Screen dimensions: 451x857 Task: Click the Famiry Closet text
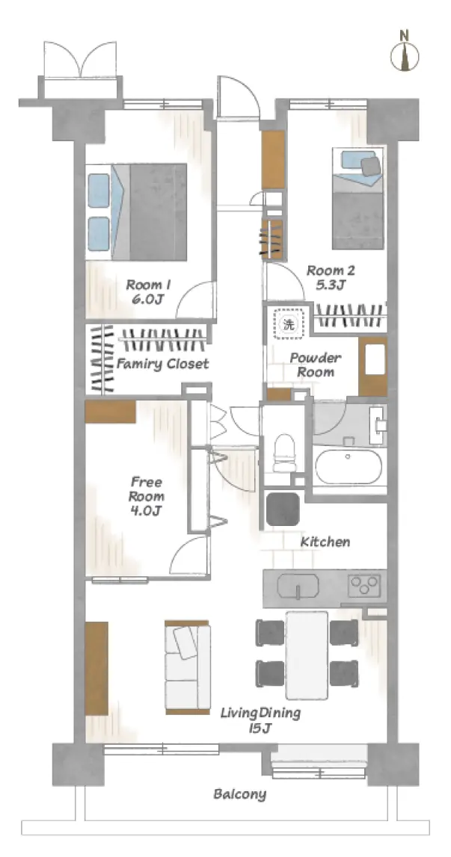(162, 363)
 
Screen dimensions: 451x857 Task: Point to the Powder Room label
(316, 365)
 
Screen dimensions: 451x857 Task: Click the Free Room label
(147, 496)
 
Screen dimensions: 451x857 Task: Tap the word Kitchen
(325, 542)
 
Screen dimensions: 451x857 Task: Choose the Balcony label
(240, 793)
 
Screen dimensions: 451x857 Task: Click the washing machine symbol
(288, 324)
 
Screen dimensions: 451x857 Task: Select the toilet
(285, 453)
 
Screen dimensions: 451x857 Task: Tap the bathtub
(348, 467)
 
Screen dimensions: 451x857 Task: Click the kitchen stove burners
(364, 585)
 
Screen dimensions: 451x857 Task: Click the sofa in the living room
(188, 666)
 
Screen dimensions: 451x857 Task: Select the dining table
(307, 655)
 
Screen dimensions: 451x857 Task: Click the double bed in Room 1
(137, 211)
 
